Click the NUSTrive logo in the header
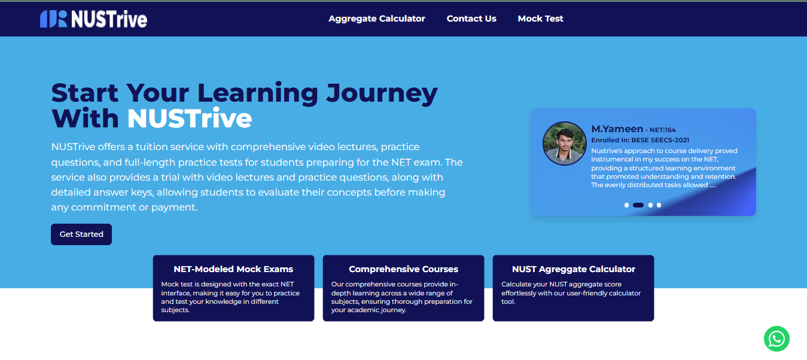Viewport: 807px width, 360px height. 93,19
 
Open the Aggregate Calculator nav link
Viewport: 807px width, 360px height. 377,19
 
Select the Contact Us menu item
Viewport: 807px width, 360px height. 471,19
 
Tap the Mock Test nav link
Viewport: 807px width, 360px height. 540,19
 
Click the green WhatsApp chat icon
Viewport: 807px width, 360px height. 776,339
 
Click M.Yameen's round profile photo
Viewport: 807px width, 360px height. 564,144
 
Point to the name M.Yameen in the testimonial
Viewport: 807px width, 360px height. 617,129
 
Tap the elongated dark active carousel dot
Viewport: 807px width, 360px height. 638,205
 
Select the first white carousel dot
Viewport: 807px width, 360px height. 626,205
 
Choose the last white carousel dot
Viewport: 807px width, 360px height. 659,205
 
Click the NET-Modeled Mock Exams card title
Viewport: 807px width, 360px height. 233,269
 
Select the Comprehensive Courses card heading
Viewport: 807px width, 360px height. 403,269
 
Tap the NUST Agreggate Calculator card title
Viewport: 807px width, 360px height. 573,269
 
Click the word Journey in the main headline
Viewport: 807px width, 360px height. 382,93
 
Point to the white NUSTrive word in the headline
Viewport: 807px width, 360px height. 189,118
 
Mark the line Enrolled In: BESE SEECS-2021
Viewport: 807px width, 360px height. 640,140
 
